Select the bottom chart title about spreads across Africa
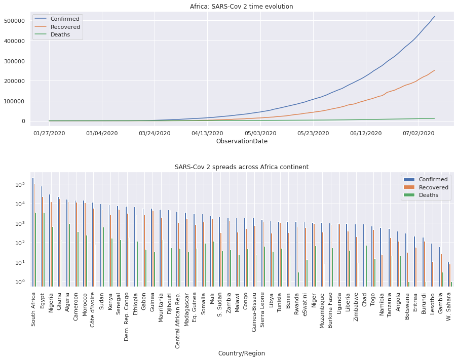pyautogui.click(x=242, y=167)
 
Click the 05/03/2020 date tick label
pyautogui.click(x=260, y=133)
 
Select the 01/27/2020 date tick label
pyautogui.click(x=49, y=133)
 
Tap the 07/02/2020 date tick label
pyautogui.click(x=418, y=133)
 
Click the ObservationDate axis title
pyautogui.click(x=242, y=141)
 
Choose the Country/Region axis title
pyautogui.click(x=242, y=353)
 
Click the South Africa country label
pyautogui.click(x=33, y=308)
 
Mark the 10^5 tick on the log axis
pyautogui.click(x=20, y=185)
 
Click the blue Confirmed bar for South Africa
pyautogui.click(x=32, y=230)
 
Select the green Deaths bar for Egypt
pyautogui.click(x=45, y=248)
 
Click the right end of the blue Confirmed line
pyautogui.click(x=434, y=17)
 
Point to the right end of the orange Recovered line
pyautogui.click(x=434, y=70)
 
